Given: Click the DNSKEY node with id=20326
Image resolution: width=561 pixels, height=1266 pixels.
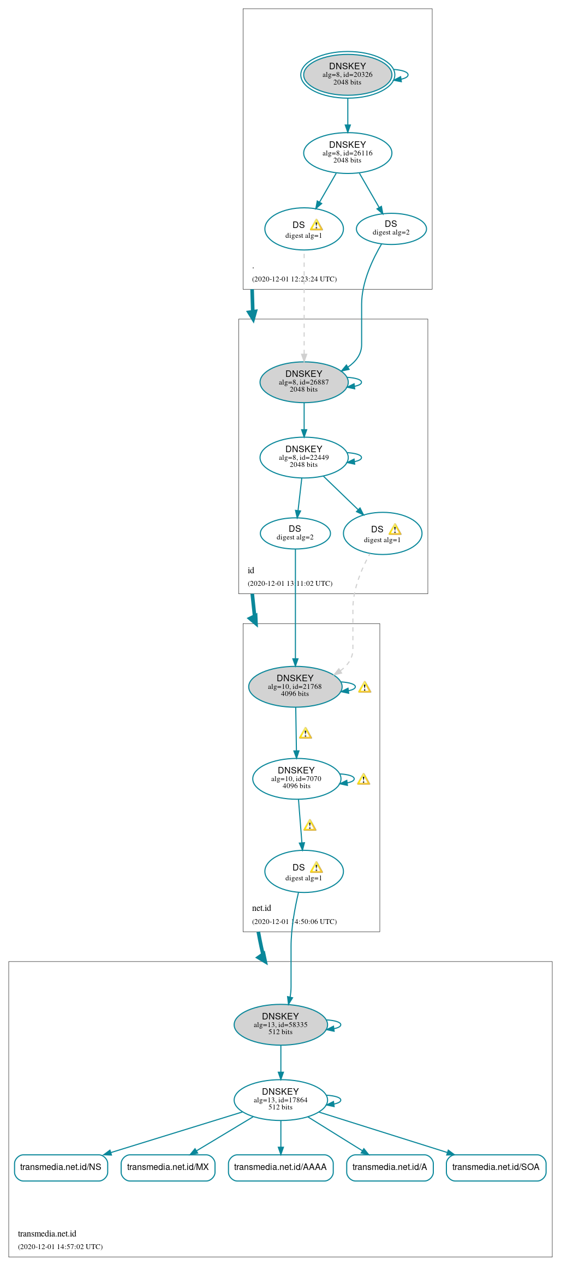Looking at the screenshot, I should [347, 75].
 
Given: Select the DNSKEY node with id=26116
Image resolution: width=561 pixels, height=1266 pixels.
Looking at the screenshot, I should [347, 153].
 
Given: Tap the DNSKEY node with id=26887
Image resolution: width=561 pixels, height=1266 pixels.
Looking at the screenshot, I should [303, 382].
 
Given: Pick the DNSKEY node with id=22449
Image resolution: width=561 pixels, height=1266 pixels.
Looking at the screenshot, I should [303, 458].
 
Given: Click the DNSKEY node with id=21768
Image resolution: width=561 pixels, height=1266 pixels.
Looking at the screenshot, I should [295, 687].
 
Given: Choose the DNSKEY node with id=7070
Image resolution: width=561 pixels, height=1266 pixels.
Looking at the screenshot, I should [296, 779].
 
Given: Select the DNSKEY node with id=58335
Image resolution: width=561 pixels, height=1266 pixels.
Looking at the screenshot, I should [280, 1025].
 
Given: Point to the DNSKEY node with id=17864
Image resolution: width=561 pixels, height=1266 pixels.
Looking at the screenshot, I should [280, 1100].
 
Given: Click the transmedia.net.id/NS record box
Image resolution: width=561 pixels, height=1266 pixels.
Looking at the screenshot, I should [61, 1167].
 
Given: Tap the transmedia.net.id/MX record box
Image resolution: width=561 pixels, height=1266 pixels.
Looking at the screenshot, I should [168, 1167].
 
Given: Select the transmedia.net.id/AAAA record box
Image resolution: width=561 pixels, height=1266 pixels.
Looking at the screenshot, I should [280, 1167].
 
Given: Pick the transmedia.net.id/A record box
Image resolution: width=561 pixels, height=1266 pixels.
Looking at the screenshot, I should [389, 1167].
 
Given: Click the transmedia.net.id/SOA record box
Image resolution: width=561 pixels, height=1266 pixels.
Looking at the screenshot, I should [496, 1167].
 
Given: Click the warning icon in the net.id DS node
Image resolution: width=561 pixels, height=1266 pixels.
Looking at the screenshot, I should [316, 868].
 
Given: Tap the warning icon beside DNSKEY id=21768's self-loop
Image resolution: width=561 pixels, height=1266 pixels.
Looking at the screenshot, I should [365, 687].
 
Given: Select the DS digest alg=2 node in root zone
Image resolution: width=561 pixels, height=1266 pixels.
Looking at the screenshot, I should [391, 229].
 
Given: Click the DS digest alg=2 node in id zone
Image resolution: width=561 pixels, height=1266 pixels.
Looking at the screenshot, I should [295, 533].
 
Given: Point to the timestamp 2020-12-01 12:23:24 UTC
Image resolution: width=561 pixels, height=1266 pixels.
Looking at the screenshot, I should [294, 279].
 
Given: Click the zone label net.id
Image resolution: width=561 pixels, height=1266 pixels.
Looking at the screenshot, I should [261, 908].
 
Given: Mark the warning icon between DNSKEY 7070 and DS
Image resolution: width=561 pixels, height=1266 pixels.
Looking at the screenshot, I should [309, 825].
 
